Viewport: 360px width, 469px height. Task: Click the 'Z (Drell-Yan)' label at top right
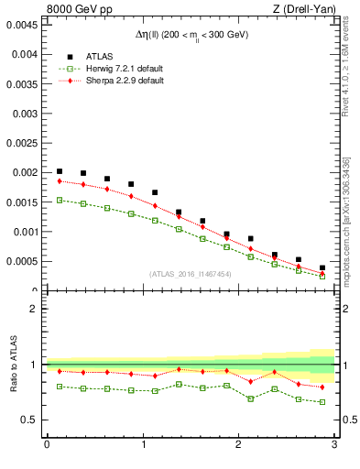point(305,9)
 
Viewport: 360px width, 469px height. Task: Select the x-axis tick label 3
point(334,445)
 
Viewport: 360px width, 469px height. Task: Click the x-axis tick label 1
point(143,445)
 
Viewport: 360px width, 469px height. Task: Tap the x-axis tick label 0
point(47,445)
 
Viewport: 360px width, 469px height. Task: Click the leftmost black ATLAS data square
point(60,171)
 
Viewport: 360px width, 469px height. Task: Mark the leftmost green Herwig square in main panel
point(60,200)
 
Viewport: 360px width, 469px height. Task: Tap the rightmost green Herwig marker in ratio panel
point(322,402)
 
